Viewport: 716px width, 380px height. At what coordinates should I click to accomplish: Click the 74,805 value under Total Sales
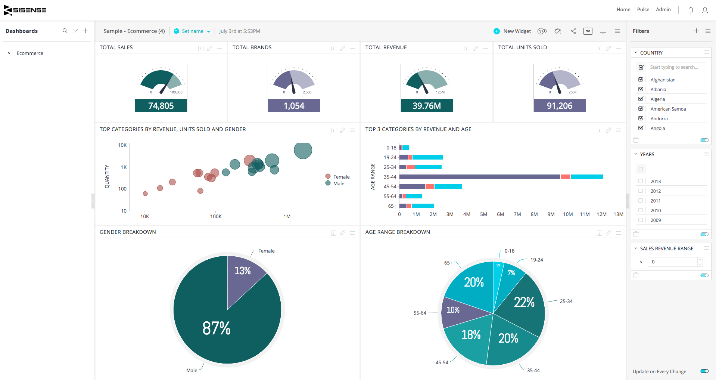[x=161, y=106]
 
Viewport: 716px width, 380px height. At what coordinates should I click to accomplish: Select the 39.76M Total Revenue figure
[x=426, y=106]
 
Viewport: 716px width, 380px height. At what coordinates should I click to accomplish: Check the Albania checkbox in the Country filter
[x=641, y=89]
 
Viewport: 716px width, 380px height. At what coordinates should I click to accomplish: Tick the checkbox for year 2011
[x=641, y=201]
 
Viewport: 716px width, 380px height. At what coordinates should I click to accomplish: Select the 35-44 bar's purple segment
[x=479, y=177]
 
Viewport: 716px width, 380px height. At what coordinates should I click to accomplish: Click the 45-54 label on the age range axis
[x=390, y=186]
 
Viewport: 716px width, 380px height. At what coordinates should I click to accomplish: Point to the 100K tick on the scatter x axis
[x=216, y=216]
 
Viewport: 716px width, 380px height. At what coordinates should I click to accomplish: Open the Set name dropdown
[x=192, y=31]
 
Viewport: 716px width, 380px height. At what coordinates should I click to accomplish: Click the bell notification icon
[x=691, y=10]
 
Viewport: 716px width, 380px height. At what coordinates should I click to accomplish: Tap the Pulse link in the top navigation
[x=643, y=10]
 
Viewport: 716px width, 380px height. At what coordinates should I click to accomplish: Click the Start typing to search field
[x=676, y=67]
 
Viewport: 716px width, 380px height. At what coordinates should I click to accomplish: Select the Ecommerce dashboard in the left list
[x=30, y=53]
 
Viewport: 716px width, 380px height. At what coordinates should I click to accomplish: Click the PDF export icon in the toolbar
[x=588, y=31]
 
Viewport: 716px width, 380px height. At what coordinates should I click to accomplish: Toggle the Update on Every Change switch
[x=704, y=371]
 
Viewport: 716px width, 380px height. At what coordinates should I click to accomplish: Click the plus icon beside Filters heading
[x=696, y=31]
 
